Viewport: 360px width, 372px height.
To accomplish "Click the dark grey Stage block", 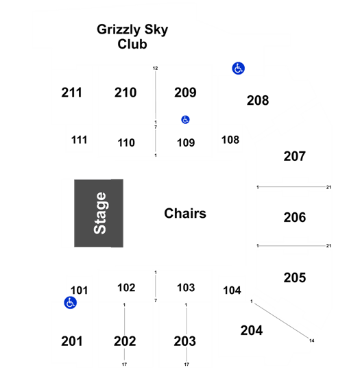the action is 99,213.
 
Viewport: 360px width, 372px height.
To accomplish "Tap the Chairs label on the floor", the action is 185,213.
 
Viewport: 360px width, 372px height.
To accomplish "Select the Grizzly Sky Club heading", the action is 132,37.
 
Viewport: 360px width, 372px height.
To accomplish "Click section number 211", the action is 71,92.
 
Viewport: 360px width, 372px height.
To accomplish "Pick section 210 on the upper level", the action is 125,92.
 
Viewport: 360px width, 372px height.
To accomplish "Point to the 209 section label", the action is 185,92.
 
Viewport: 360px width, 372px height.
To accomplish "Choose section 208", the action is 258,100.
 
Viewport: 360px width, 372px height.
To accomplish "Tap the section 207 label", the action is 294,156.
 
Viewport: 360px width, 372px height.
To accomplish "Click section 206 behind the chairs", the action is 295,217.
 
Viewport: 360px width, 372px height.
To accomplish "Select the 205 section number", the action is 295,277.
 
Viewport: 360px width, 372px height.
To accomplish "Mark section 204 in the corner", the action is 252,330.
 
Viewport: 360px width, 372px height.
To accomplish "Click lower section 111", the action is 79,140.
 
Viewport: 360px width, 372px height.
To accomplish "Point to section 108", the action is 230,140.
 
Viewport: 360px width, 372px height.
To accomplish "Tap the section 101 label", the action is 79,290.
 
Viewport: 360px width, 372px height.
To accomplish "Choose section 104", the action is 232,290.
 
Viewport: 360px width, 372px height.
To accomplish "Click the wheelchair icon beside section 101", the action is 71,303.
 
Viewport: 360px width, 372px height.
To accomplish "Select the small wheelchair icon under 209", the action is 185,120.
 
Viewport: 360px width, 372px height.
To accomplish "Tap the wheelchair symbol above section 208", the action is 238,69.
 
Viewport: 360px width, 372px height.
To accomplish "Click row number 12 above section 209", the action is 155,68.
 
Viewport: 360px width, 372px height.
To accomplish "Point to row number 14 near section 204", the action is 312,340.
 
